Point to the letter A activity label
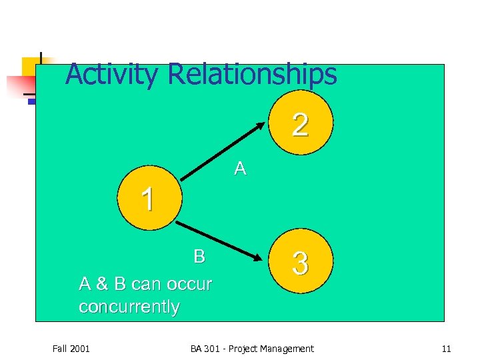click(240, 169)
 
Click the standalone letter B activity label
click(199, 256)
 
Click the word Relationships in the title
click(253, 75)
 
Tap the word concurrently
click(129, 307)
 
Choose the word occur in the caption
click(187, 284)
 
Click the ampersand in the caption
click(102, 284)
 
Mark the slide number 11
click(447, 349)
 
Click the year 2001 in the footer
click(80, 349)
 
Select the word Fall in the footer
click(59, 349)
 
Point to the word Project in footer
click(242, 349)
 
